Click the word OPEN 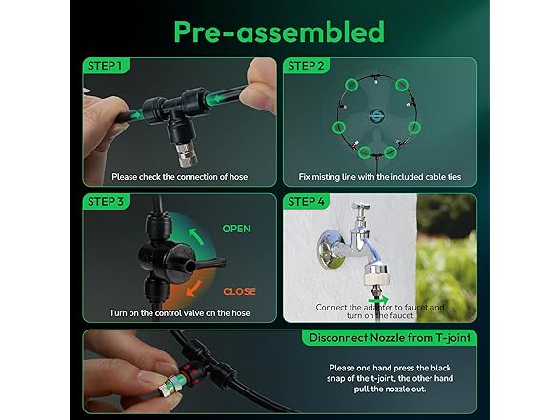[x=237, y=230]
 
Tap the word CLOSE [x=239, y=291]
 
